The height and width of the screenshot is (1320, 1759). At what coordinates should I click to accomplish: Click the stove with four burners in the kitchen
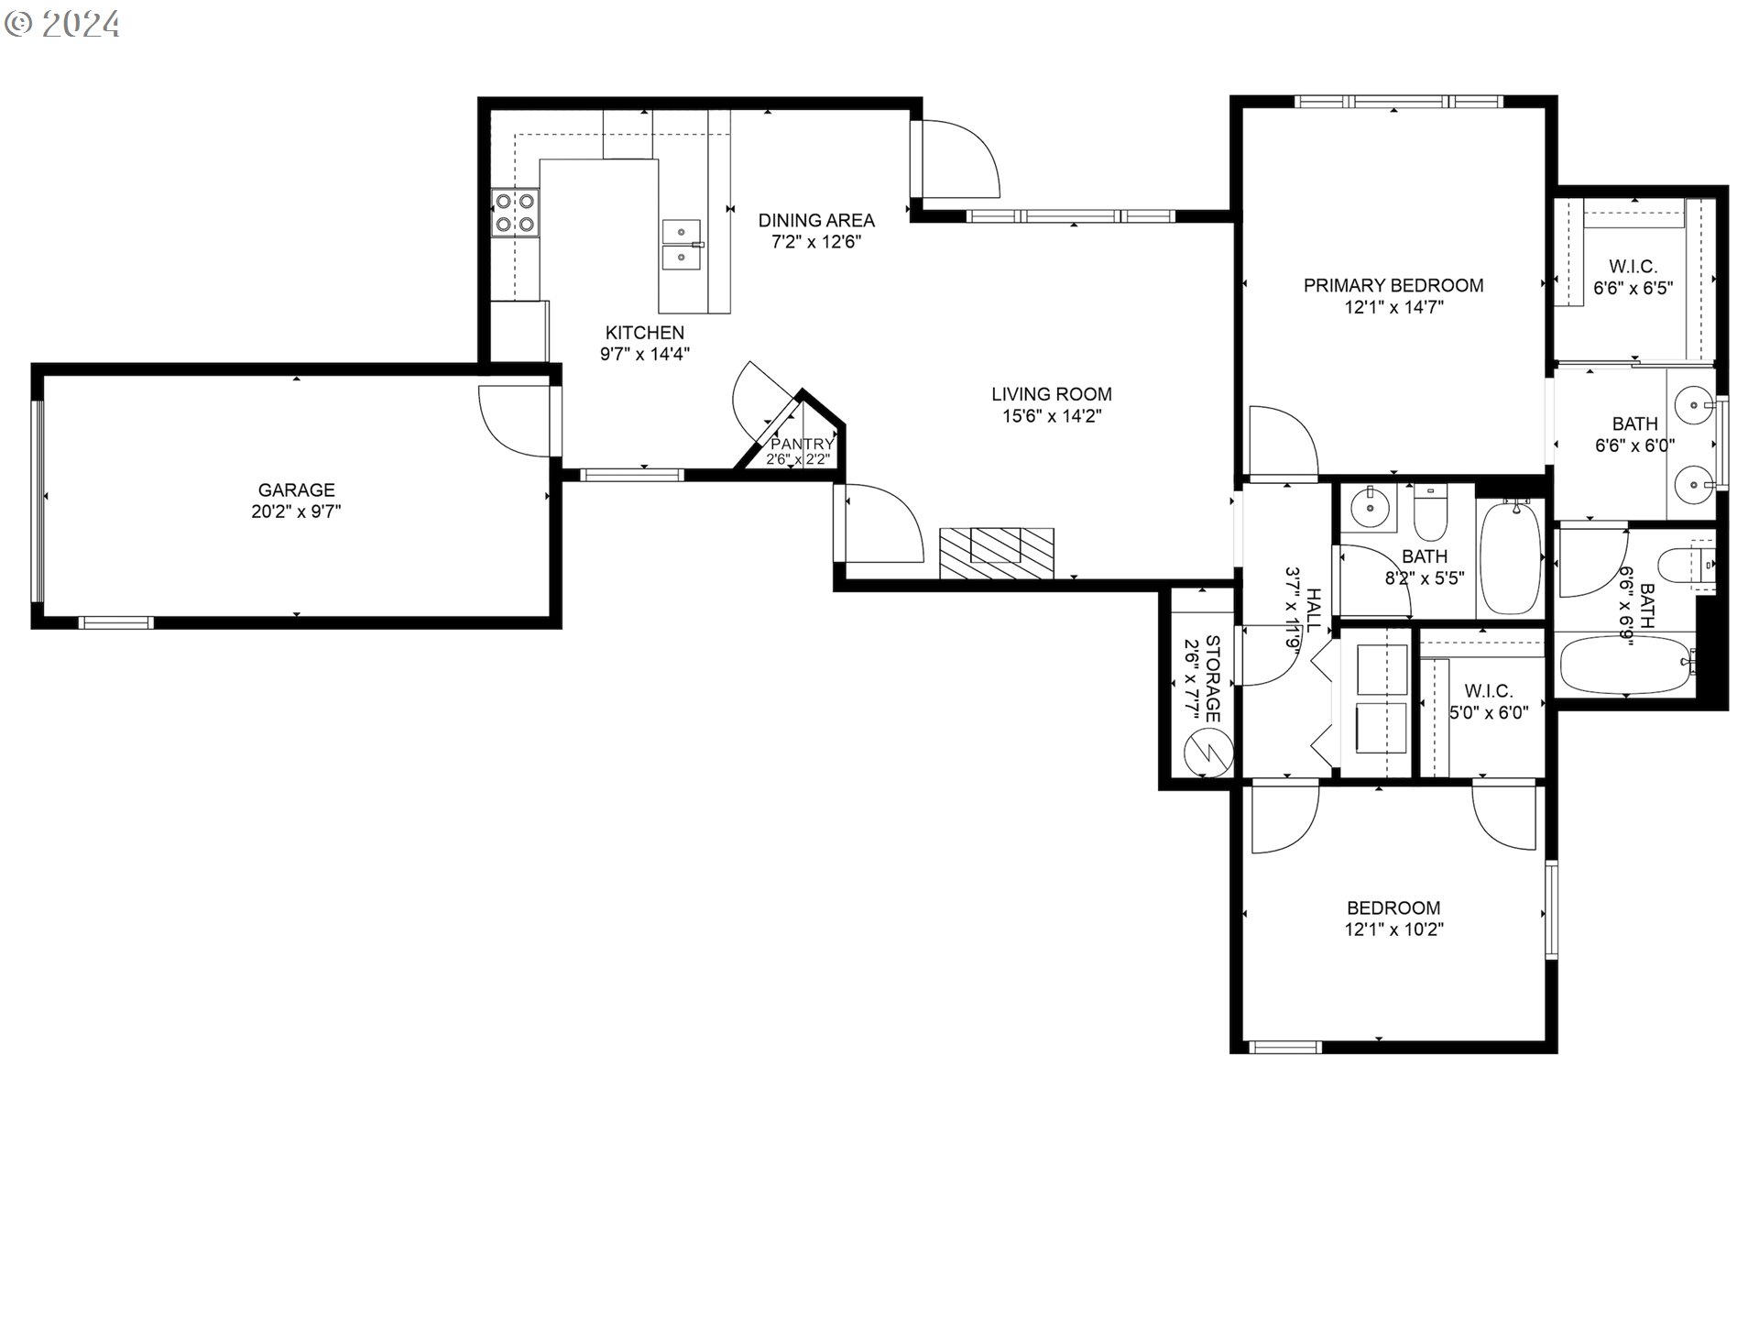[x=515, y=213]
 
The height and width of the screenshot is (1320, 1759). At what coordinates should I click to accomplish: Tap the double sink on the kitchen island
[x=682, y=245]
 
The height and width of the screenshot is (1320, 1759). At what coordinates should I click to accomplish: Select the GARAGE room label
[x=296, y=490]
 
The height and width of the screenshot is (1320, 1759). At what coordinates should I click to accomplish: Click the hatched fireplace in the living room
[x=997, y=553]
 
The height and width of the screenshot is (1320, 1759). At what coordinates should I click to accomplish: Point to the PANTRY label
[x=802, y=445]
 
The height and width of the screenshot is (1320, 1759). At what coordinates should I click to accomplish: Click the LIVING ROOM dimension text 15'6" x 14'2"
[x=1052, y=416]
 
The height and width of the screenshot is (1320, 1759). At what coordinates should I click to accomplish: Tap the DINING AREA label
[x=816, y=220]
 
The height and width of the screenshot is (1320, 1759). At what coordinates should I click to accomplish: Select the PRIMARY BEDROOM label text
[x=1393, y=285]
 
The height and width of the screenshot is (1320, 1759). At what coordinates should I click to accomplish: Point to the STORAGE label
[x=1212, y=678]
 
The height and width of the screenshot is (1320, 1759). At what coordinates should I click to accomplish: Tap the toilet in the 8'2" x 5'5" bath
[x=1429, y=513]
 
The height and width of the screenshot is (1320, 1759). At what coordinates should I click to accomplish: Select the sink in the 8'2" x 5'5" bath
[x=1369, y=506]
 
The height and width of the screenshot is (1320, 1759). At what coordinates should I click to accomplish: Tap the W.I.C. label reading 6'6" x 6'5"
[x=1633, y=277]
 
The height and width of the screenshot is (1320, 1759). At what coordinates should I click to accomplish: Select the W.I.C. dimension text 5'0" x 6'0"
[x=1489, y=712]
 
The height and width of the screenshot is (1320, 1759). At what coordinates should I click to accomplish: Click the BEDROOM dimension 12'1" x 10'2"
[x=1393, y=929]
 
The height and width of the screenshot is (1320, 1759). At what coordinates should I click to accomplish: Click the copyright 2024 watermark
[x=62, y=24]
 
